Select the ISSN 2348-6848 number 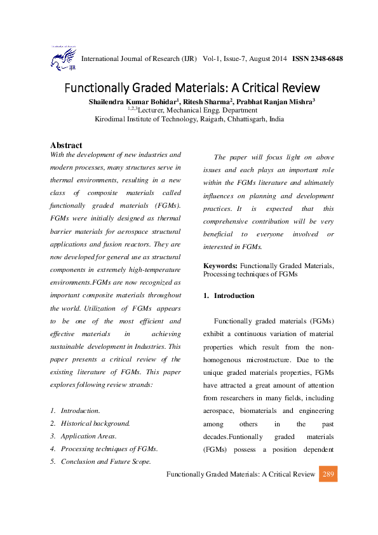click(x=318, y=59)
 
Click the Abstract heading click(x=66, y=146)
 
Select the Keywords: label click(x=220, y=265)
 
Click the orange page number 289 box click(x=328, y=475)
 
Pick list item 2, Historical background click(x=95, y=423)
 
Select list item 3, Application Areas click(x=88, y=436)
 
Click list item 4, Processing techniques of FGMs click(x=109, y=449)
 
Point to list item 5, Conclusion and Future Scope click(x=105, y=461)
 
